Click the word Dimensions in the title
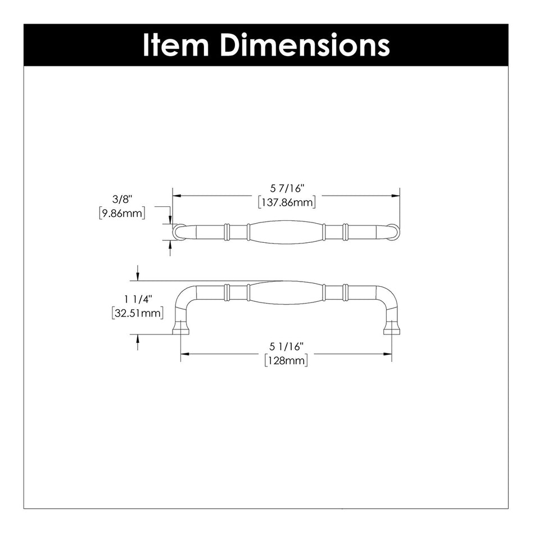[304, 45]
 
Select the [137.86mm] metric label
[286, 202]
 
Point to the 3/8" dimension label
[121, 200]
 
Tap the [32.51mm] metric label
[137, 313]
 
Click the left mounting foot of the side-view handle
[180, 328]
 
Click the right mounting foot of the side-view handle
[391, 328]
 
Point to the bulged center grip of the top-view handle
[286, 232]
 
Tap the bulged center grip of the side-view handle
[286, 293]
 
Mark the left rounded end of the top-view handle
[178, 232]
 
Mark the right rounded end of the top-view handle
[393, 232]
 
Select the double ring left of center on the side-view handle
[227, 292]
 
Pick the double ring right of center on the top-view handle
[345, 232]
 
